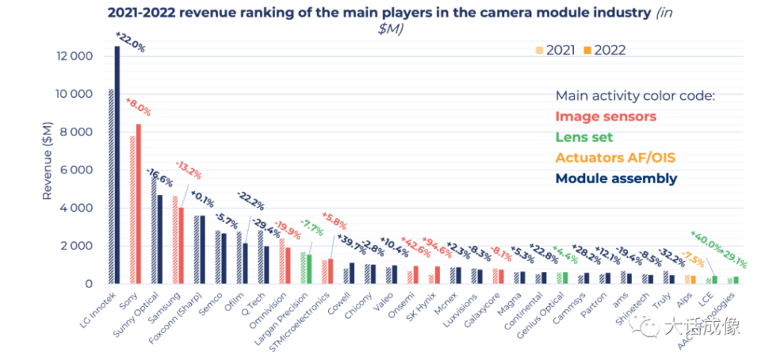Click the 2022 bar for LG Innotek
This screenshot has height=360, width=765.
click(117, 164)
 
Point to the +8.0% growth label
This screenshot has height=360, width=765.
click(138, 108)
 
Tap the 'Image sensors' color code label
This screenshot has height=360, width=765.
click(605, 117)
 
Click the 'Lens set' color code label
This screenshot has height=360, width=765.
click(583, 137)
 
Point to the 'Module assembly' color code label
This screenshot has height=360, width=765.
click(616, 179)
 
